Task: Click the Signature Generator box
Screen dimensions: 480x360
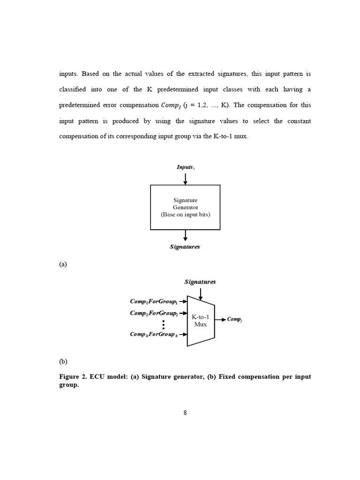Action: (x=185, y=207)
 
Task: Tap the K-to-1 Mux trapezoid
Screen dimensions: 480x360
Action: (x=201, y=321)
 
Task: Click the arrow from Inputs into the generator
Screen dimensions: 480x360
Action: (x=186, y=179)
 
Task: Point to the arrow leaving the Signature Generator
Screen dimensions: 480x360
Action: (x=186, y=235)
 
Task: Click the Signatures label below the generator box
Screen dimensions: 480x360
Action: (x=185, y=247)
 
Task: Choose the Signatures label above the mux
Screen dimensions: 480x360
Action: (x=200, y=282)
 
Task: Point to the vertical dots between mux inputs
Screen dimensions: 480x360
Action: (x=163, y=324)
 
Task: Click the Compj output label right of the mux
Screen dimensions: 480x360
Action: (x=234, y=320)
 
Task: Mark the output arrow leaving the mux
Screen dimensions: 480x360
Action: (x=220, y=320)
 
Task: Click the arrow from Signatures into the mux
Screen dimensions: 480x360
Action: (x=201, y=294)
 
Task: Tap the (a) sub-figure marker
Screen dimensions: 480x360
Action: (x=63, y=264)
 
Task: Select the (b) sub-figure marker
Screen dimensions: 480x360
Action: (x=63, y=361)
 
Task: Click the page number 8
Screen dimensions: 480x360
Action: (x=185, y=412)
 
